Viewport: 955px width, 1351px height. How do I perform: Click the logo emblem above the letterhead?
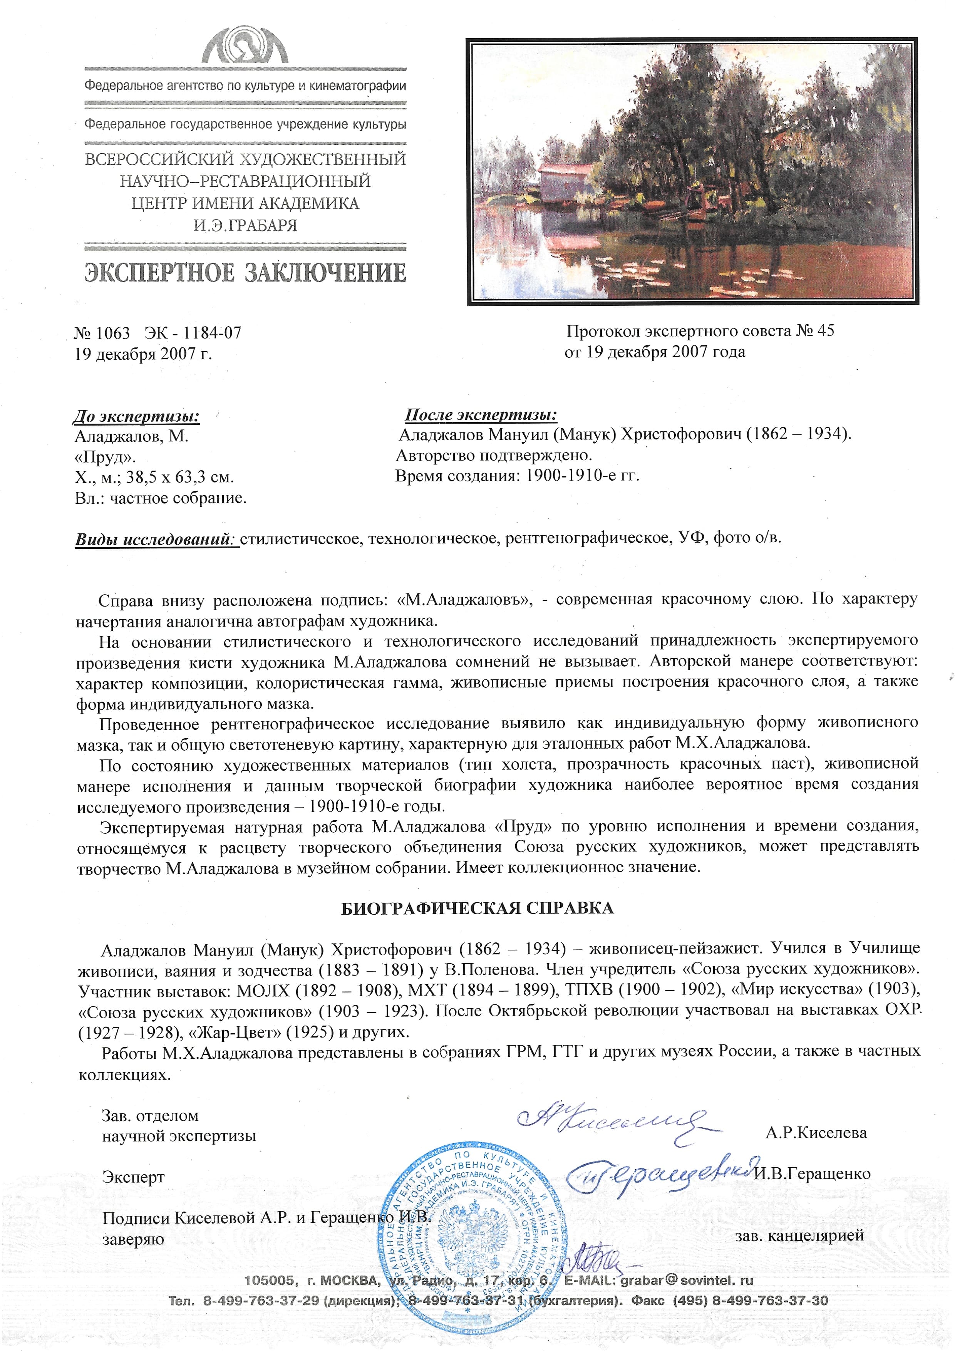pos(245,46)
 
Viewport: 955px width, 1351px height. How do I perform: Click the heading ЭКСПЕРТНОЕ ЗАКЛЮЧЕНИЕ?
pos(245,272)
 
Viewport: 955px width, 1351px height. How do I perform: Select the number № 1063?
pos(102,333)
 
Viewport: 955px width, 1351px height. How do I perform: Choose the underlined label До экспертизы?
pos(137,417)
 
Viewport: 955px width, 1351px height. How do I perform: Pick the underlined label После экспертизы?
pos(481,414)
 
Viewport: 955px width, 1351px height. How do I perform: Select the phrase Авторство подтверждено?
pos(494,455)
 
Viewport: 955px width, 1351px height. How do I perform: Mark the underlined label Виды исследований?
pos(156,539)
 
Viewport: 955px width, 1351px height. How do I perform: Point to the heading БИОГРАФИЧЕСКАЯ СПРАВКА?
pos(477,908)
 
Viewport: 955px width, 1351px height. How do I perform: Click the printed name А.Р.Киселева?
pos(816,1133)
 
